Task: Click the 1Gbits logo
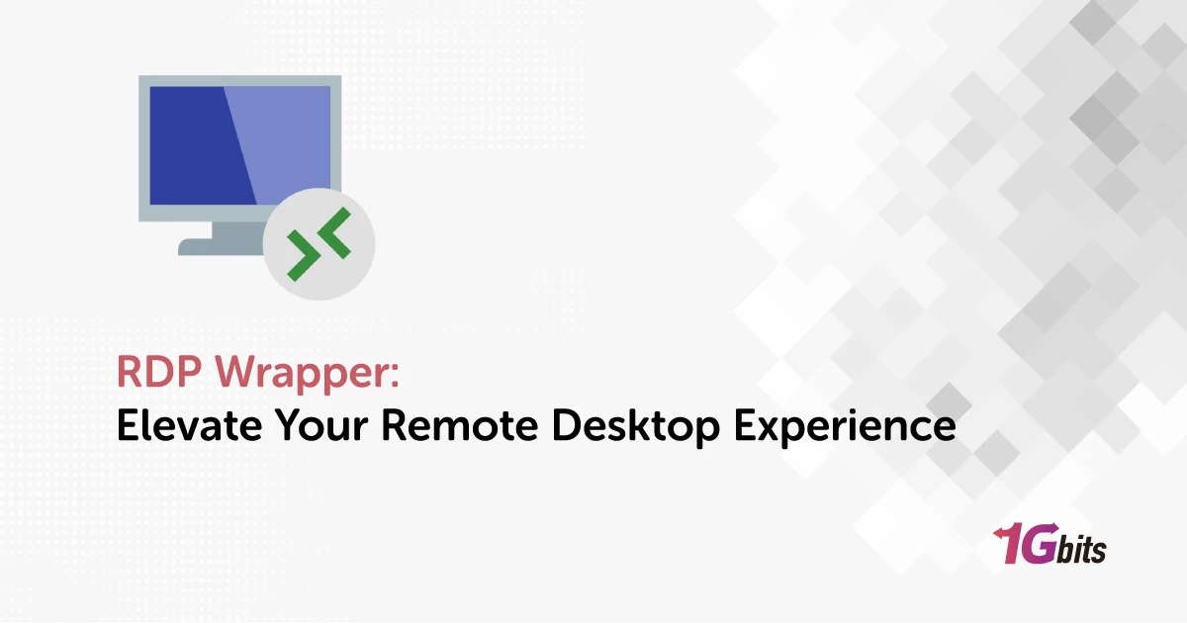(1049, 545)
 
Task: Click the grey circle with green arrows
(320, 243)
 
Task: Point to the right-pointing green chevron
(303, 257)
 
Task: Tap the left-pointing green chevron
(335, 233)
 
